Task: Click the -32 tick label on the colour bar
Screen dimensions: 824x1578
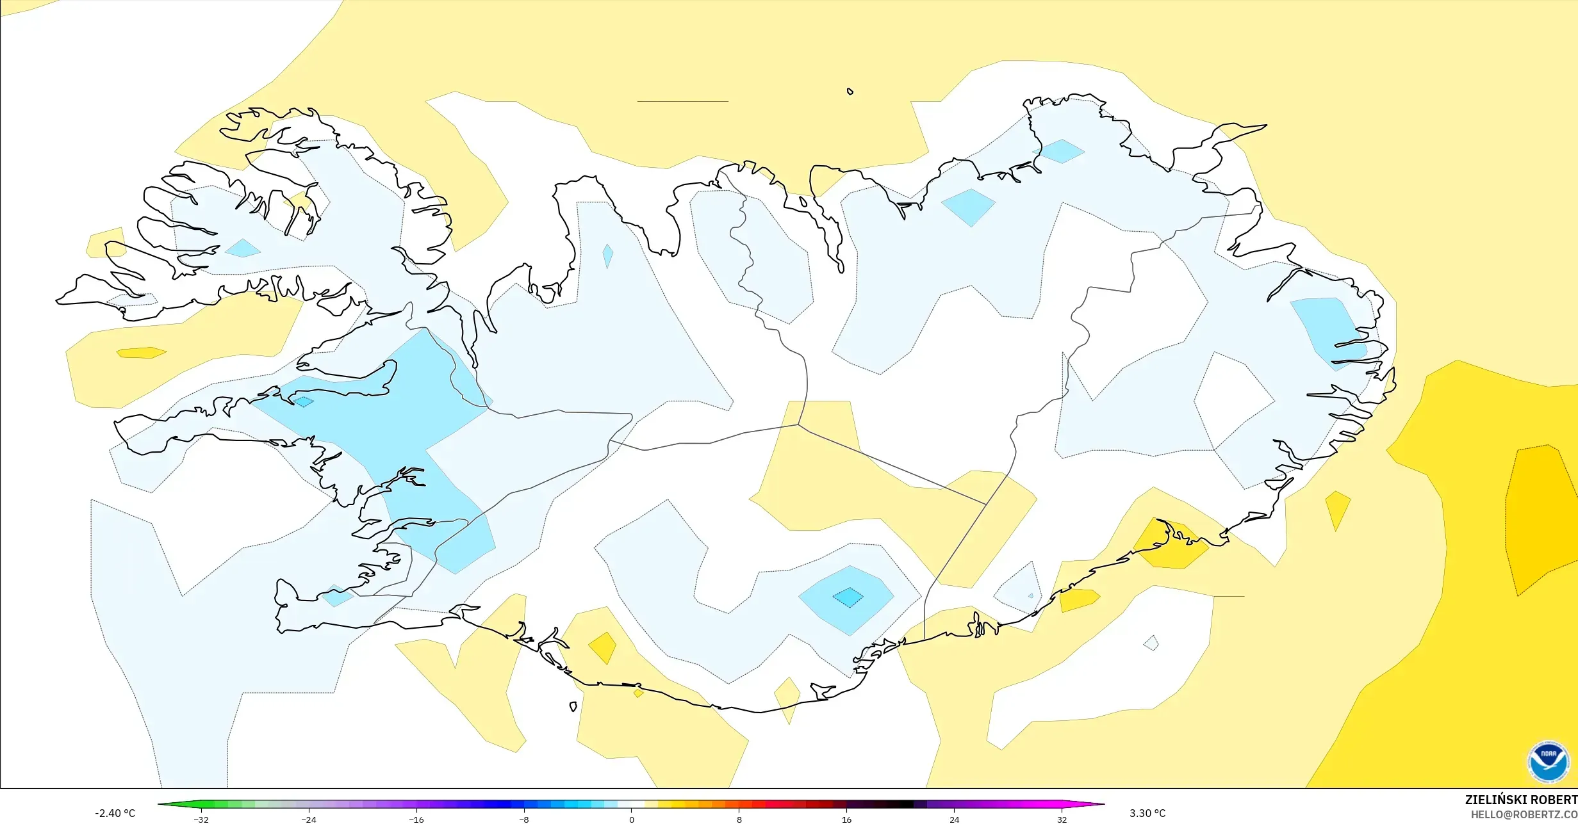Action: (x=201, y=820)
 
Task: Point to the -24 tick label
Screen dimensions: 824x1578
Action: (x=309, y=820)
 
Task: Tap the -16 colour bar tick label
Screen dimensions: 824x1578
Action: (x=416, y=820)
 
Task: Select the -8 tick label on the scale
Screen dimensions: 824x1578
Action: (x=524, y=820)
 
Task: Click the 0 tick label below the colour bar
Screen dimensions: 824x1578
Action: (x=632, y=820)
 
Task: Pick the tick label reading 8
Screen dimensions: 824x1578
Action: (x=739, y=820)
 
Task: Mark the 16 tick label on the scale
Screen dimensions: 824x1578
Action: (x=847, y=820)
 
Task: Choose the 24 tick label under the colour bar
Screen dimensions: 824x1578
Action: (x=955, y=820)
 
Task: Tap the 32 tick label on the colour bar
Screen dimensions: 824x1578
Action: (x=1062, y=820)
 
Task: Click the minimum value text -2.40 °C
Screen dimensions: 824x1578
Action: (x=115, y=813)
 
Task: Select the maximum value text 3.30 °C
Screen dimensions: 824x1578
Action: (x=1147, y=813)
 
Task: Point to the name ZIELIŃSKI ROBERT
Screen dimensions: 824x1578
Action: (x=1521, y=800)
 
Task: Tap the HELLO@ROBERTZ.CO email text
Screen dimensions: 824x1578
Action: (x=1524, y=814)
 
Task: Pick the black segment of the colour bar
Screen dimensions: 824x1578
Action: (x=900, y=804)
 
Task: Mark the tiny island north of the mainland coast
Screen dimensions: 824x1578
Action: (x=850, y=92)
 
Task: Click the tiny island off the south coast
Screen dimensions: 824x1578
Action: (x=573, y=706)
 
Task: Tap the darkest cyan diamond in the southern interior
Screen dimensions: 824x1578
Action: (x=848, y=597)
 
